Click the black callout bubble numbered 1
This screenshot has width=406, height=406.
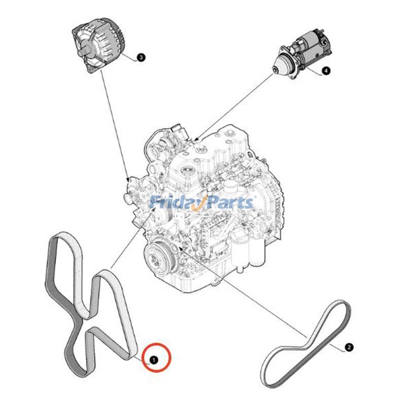pos(154,360)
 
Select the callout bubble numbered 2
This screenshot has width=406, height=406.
pos(349,347)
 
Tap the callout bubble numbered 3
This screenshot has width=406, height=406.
pos(141,57)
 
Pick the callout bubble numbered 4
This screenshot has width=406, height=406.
pos(326,71)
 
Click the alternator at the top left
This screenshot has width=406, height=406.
pos(99,45)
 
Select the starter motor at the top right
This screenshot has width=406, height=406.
pos(301,54)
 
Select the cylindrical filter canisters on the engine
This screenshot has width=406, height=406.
pos(248,251)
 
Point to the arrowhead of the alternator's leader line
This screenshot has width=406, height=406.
pos(128,179)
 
